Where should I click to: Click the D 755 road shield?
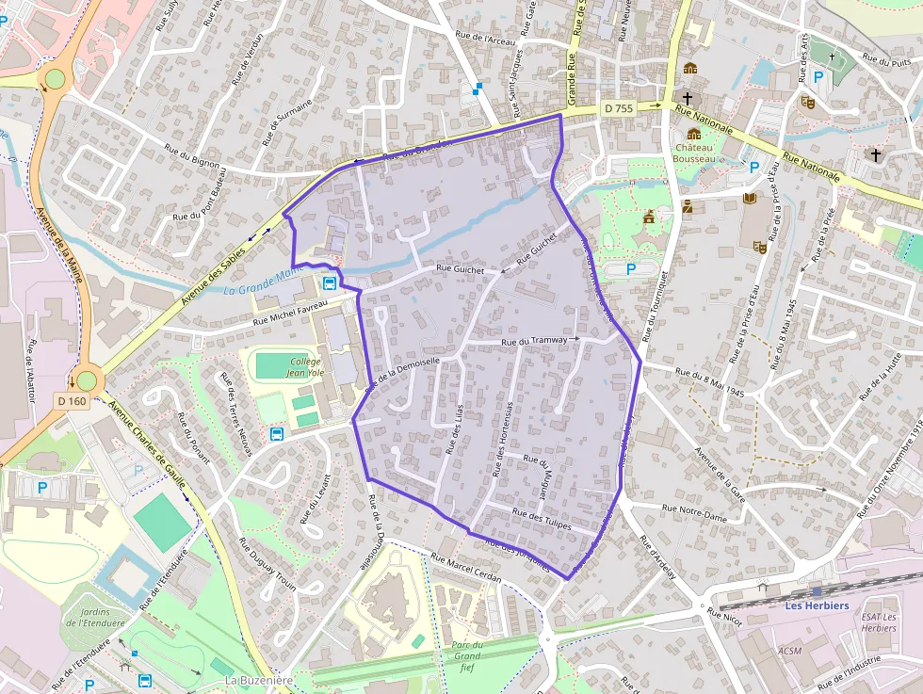pos(619,108)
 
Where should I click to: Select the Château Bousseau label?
pos(694,153)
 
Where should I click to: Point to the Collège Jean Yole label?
pos(305,366)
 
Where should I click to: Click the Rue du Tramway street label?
pos(535,340)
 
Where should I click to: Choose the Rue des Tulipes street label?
pos(542,520)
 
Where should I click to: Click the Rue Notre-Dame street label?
pos(694,512)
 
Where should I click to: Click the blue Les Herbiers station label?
pos(817,605)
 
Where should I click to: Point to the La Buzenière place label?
pos(261,680)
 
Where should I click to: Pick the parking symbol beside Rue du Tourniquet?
pos(631,268)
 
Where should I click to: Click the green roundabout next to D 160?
pos(87,380)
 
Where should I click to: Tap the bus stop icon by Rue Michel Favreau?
pos(330,282)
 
